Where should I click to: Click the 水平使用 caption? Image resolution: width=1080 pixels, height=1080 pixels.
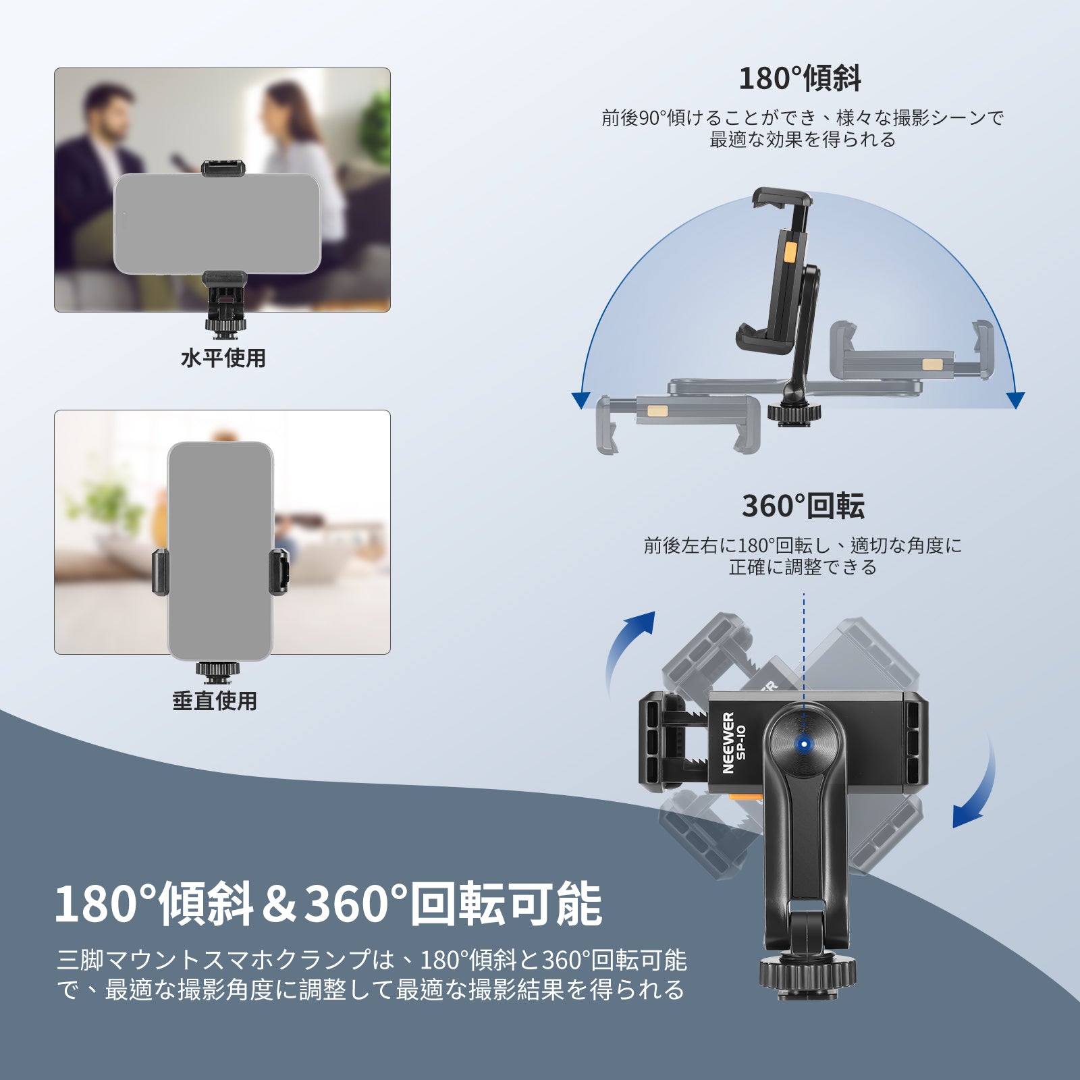click(x=223, y=358)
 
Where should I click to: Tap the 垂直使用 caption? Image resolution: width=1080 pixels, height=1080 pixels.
click(x=215, y=701)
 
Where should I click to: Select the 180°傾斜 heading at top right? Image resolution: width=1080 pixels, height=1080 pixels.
click(x=800, y=78)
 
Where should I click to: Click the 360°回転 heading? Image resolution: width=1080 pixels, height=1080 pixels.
click(x=803, y=506)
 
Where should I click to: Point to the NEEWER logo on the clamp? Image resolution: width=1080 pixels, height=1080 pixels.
click(x=728, y=742)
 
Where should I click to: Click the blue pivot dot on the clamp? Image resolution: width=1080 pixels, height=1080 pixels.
click(x=804, y=745)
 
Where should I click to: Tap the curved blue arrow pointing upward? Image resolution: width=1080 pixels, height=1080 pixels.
click(x=628, y=651)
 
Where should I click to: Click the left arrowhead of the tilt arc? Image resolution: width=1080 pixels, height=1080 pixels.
click(x=580, y=400)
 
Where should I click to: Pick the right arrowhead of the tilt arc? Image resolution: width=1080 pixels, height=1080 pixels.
click(x=1015, y=400)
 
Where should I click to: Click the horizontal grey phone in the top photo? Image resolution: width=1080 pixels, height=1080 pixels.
click(x=217, y=223)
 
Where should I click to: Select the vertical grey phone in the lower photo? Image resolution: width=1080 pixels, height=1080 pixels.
click(x=221, y=551)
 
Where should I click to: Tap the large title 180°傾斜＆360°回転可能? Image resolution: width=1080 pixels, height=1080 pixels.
click(x=328, y=904)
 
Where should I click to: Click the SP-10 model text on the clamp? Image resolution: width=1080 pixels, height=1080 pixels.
click(x=741, y=742)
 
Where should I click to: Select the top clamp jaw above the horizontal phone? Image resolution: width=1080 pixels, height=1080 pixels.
click(x=223, y=168)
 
